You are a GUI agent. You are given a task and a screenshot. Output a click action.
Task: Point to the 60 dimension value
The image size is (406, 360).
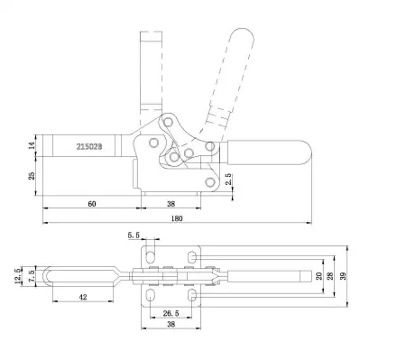(91, 204)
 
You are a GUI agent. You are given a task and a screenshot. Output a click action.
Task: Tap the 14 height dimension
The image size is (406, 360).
(33, 144)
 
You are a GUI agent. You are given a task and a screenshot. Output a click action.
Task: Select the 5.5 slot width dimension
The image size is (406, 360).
(134, 235)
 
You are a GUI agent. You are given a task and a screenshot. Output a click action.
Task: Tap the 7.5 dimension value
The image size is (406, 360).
(33, 274)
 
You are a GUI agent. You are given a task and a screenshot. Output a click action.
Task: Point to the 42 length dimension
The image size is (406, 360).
(82, 295)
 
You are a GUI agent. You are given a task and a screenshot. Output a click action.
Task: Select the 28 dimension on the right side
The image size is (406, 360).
(332, 275)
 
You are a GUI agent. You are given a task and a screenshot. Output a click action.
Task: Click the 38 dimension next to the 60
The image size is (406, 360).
(171, 204)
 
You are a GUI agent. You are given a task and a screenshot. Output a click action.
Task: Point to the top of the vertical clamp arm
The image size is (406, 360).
(151, 35)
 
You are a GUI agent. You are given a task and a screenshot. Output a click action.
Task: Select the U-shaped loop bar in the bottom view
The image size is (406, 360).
(81, 274)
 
